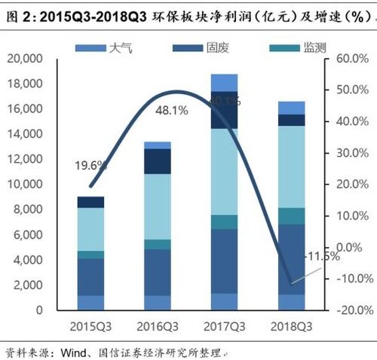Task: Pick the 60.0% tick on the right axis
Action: [x=351, y=59]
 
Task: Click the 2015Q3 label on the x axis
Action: [x=91, y=326]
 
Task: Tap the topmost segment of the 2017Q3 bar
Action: [x=224, y=83]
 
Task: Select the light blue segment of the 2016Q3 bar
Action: [x=157, y=206]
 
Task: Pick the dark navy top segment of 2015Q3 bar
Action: [x=90, y=202]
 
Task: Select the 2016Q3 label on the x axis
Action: [x=157, y=326]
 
